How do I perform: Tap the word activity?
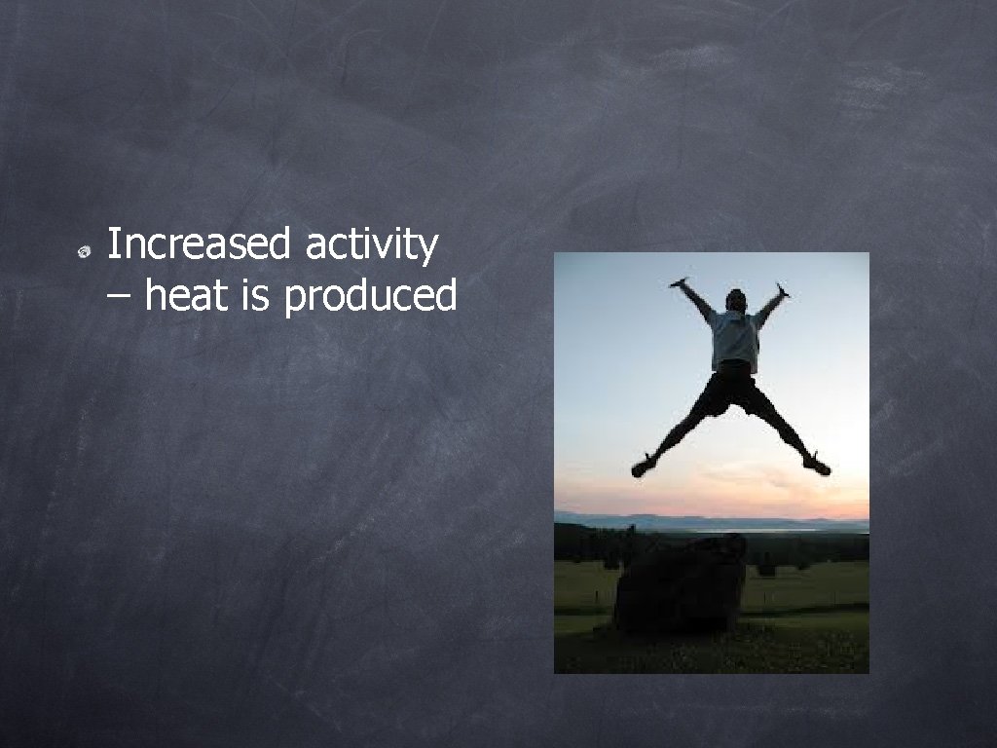371,244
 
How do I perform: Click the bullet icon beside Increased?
85,252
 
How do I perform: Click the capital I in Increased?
111,243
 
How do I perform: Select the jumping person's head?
736,300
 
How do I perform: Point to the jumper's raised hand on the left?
679,282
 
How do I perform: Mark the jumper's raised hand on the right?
781,289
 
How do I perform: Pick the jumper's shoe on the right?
817,466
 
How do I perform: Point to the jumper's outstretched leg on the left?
682,429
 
